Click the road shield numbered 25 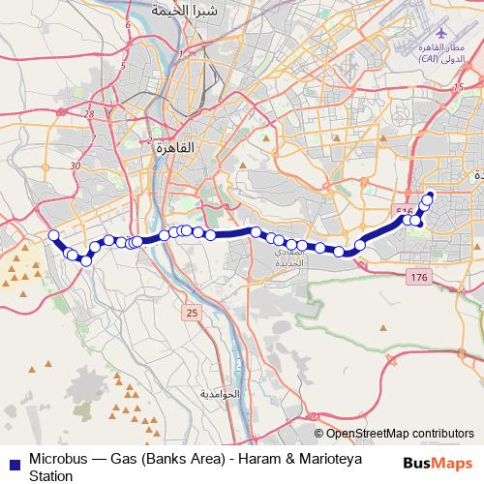192,312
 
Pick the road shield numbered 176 417,278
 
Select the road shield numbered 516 405,211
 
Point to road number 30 76,166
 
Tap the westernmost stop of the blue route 54,235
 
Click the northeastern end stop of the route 429,197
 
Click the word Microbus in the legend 59,458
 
